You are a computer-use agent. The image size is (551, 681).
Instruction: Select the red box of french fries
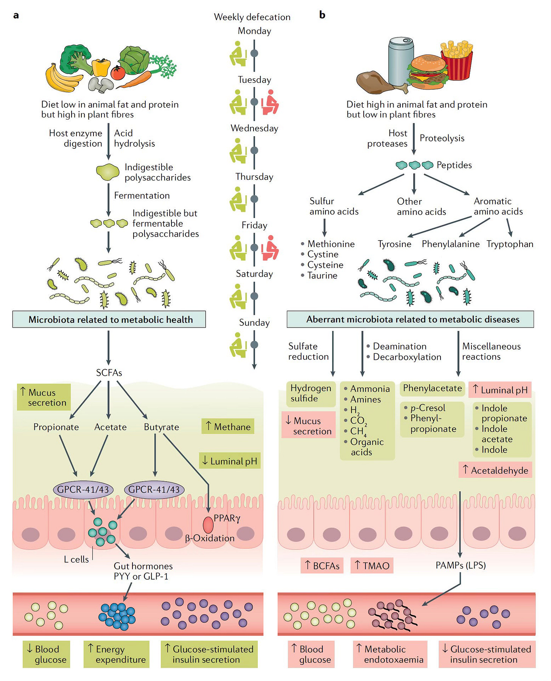[x=457, y=61]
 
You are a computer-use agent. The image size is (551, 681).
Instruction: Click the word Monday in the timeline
[x=254, y=31]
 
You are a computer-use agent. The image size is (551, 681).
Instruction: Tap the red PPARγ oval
[x=208, y=525]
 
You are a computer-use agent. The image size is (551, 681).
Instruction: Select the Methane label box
[x=228, y=426]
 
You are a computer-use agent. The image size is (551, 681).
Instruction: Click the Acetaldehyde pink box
[x=495, y=470]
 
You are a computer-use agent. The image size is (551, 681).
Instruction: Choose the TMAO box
[x=372, y=566]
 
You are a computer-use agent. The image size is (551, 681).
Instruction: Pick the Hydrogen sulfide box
[x=311, y=393]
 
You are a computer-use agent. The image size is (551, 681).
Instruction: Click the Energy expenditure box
[x=117, y=654]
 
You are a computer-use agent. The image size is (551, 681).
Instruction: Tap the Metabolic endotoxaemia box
[x=390, y=654]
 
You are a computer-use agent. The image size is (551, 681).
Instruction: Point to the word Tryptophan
[x=510, y=244]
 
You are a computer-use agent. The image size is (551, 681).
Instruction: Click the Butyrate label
[x=162, y=427]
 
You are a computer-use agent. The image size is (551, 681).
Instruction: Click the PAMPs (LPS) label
[x=461, y=565]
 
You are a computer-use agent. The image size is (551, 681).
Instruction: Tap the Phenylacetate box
[x=433, y=389]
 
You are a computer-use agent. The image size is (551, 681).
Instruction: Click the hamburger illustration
[x=427, y=72]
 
